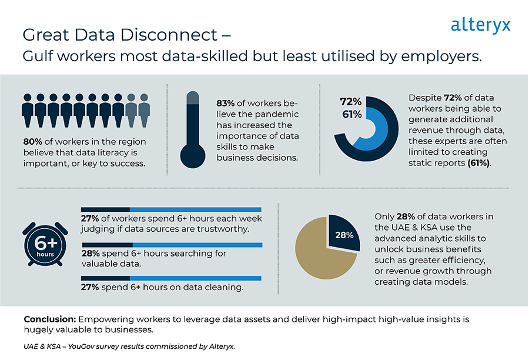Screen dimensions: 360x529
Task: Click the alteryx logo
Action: tap(480, 25)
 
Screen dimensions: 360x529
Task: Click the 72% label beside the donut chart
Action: tap(350, 101)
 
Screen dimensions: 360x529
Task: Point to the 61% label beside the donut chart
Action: tap(351, 114)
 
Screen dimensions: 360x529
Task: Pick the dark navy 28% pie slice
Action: tap(343, 233)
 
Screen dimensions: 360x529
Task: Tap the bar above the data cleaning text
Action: tap(171, 278)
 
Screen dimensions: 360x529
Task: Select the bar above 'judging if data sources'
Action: tap(171, 209)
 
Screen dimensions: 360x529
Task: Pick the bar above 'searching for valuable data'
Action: tap(171, 244)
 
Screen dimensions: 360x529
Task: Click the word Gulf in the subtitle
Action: tap(38, 57)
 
